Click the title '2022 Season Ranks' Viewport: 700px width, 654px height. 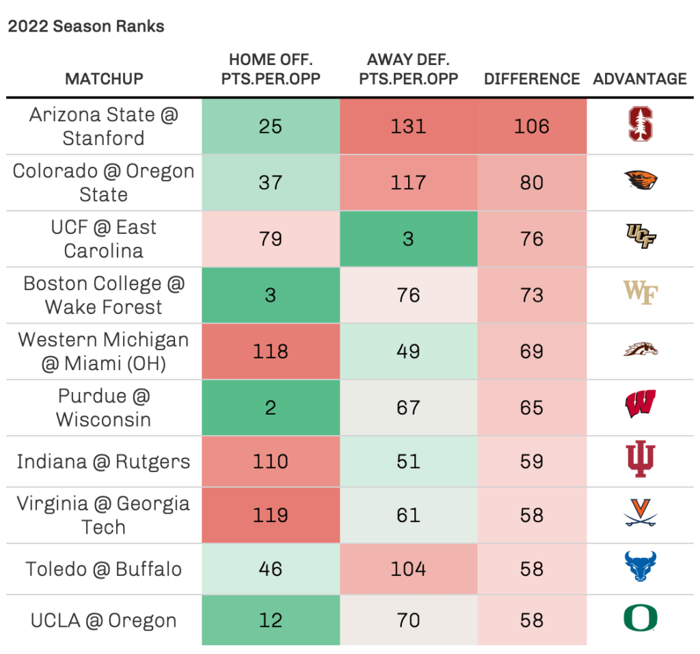(86, 27)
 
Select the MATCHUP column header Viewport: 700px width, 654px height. (104, 79)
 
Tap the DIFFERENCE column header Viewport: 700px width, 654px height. (532, 79)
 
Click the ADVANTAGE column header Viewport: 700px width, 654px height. (640, 79)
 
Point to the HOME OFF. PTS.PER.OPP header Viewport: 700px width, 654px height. (271, 69)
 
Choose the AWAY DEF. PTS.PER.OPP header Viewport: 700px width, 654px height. (408, 69)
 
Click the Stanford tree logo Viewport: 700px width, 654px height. (641, 127)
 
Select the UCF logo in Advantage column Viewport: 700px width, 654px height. (641, 239)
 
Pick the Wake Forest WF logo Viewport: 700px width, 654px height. (641, 295)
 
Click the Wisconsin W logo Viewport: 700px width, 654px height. (641, 406)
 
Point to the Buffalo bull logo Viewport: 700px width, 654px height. (641, 568)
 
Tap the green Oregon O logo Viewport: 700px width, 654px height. (641, 619)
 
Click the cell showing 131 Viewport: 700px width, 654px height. (408, 127)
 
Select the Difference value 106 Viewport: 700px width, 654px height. (532, 127)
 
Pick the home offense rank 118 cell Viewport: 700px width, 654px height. (271, 352)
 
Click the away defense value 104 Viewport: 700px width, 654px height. (408, 569)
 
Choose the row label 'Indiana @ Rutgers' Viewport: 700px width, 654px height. (104, 462)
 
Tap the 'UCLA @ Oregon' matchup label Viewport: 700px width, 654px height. (104, 620)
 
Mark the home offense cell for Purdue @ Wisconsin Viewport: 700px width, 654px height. (271, 408)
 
